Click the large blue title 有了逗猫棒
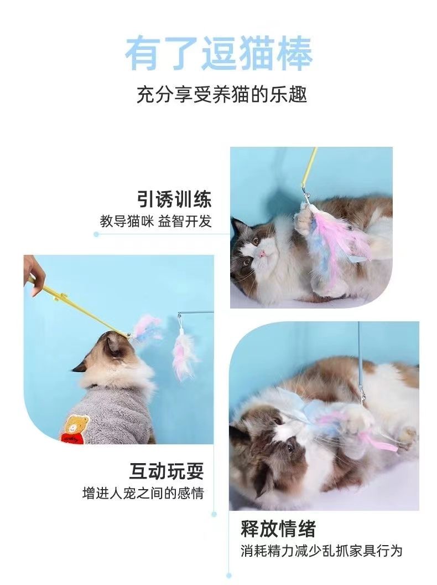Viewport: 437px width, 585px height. pos(218,54)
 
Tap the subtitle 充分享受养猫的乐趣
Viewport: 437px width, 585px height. pos(222,94)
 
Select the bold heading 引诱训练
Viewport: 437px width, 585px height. pos(174,199)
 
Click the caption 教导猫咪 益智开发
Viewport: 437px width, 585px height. pos(156,221)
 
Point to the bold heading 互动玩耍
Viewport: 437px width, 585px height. pos(167,471)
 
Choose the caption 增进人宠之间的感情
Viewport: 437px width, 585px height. pos(143,493)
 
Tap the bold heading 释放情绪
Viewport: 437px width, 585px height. pos(278,528)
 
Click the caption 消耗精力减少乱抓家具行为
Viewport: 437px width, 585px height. pos(321,551)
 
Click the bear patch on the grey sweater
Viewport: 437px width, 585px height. pos(76,429)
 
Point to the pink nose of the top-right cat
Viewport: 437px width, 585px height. pos(262,254)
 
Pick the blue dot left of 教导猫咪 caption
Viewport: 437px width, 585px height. pos(96,234)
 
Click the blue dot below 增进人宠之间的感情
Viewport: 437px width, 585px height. pos(214,514)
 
